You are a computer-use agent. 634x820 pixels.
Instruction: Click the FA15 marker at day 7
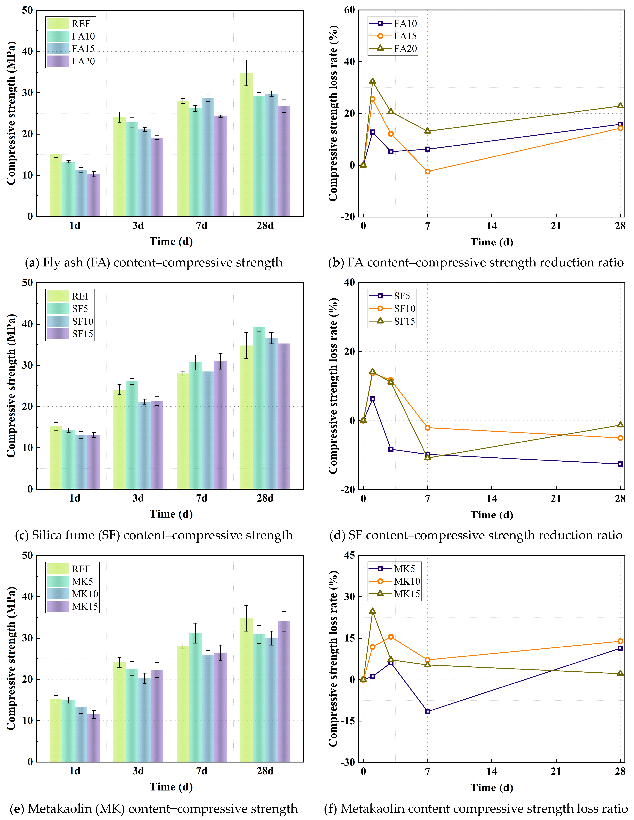[428, 172]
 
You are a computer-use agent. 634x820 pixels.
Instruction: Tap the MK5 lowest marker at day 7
[428, 711]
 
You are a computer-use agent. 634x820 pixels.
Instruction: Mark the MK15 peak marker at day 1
[372, 611]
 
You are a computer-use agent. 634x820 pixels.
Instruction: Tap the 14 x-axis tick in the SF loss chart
[492, 499]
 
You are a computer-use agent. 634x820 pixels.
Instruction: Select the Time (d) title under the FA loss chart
[492, 242]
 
